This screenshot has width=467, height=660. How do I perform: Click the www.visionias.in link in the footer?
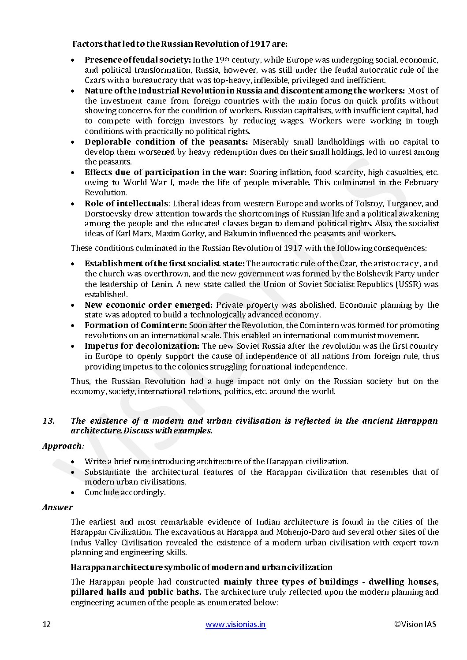tap(235, 624)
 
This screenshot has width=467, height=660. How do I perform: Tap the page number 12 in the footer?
tap(47, 624)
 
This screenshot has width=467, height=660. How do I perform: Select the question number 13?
tap(49, 421)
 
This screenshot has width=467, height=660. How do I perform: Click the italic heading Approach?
tap(63, 446)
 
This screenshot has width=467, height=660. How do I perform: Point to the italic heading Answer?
tap(58, 507)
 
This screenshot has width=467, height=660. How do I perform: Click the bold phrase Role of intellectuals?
tap(126, 204)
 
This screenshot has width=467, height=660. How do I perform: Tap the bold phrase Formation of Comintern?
tap(136, 325)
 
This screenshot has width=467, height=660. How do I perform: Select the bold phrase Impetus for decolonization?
tap(142, 346)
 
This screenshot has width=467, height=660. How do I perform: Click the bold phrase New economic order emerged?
tap(149, 305)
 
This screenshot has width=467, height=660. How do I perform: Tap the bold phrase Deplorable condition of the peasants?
tap(166, 142)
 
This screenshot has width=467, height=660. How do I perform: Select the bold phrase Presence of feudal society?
tap(138, 60)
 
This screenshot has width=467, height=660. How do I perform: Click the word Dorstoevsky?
tap(106, 214)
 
